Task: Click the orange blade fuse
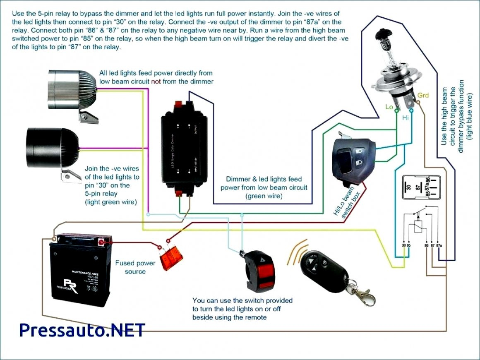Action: (x=174, y=259)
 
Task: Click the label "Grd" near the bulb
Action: (x=423, y=96)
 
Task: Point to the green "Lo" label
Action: (x=389, y=107)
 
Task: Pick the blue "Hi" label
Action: (x=406, y=118)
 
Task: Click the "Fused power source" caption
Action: (x=135, y=267)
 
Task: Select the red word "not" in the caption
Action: (x=156, y=82)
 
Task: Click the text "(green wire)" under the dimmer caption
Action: (x=264, y=196)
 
